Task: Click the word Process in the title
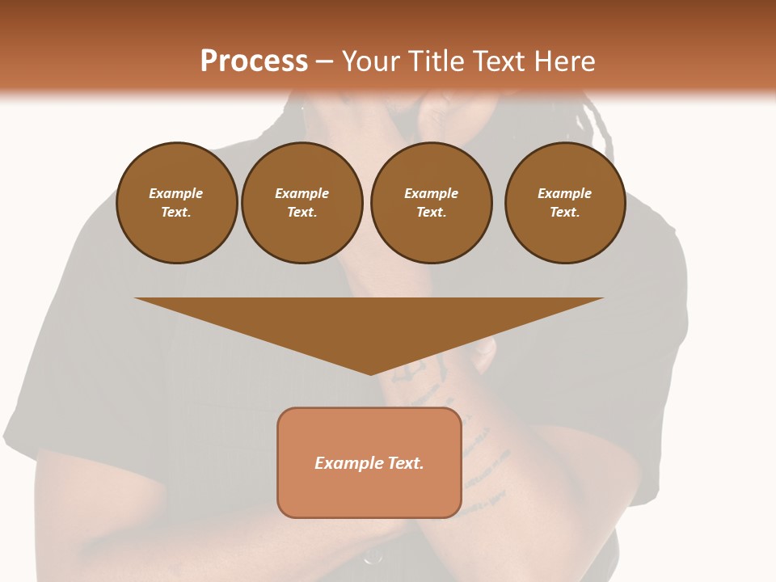point(254,61)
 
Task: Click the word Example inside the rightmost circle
point(564,193)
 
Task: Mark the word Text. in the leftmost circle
point(176,212)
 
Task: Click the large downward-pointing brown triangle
point(369,323)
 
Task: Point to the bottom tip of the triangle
point(370,373)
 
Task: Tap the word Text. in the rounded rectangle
point(406,463)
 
